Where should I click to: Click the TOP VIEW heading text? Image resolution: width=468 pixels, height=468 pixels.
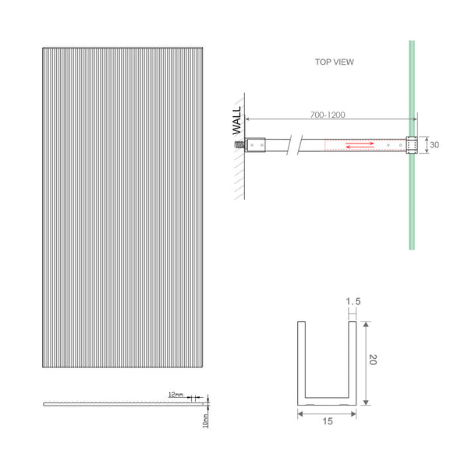pyautogui.click(x=333, y=63)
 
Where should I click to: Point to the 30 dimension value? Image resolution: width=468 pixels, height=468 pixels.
pyautogui.click(x=435, y=145)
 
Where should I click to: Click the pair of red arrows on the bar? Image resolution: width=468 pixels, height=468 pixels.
pyautogui.click(x=360, y=144)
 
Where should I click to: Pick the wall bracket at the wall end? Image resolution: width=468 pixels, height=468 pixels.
pyautogui.click(x=258, y=144)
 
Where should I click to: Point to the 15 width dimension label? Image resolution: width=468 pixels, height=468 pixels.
pyautogui.click(x=327, y=422)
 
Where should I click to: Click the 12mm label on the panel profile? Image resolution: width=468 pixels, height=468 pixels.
pyautogui.click(x=175, y=395)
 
